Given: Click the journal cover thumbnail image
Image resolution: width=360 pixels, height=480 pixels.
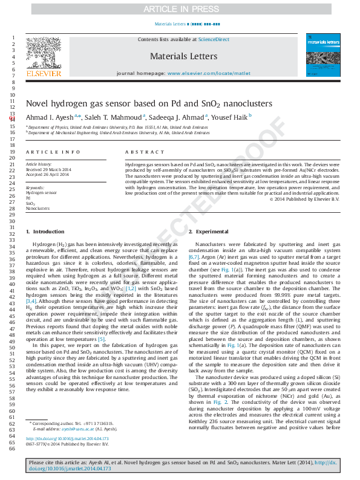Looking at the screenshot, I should [x=321, y=55].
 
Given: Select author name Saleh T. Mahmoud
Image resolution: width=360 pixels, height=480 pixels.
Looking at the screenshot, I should [x=121, y=117].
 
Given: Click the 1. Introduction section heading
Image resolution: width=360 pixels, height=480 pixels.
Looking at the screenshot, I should [x=45, y=232].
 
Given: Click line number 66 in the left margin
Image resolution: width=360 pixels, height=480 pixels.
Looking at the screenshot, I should [x=12, y=449].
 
